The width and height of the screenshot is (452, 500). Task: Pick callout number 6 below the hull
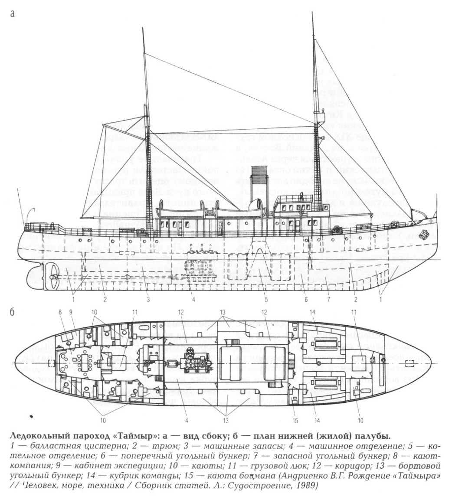pos(306,298)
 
